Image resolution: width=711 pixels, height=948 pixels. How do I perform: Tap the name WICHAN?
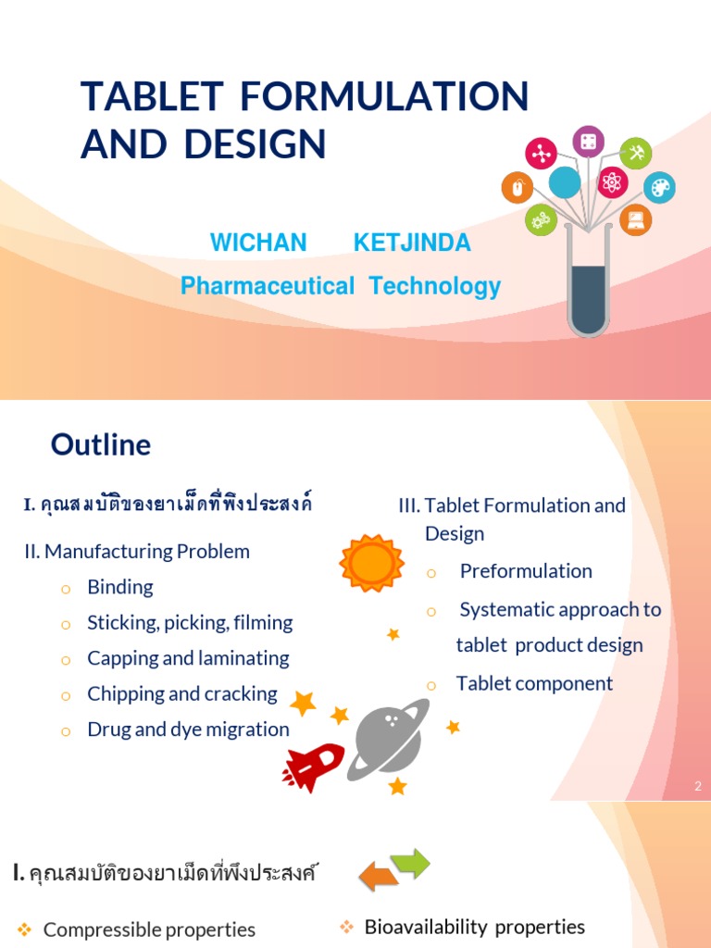(258, 243)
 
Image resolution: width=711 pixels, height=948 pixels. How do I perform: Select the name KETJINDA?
(412, 243)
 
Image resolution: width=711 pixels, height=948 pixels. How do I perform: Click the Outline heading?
(101, 445)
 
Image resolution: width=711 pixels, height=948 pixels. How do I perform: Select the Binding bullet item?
(120, 587)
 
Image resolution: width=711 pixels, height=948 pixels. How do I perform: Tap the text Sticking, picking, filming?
(190, 622)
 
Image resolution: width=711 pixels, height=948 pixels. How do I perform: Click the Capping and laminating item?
(188, 658)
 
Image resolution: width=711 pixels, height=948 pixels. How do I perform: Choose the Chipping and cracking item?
(182, 693)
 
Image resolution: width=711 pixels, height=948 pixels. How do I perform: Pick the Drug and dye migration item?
(188, 729)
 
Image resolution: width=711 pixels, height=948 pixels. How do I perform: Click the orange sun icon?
(371, 563)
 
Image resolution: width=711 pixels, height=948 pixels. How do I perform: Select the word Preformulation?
(526, 571)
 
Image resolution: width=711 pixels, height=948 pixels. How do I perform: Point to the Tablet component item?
(534, 683)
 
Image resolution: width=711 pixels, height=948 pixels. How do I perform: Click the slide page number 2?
(697, 786)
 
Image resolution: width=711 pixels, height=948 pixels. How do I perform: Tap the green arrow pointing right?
(411, 863)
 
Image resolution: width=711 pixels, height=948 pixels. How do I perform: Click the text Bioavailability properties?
(474, 927)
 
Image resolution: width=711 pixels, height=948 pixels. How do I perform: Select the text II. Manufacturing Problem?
(137, 552)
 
